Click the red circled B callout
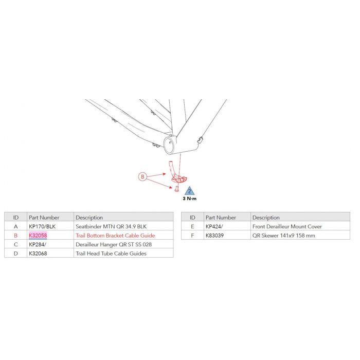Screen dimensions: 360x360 (x=142, y=176)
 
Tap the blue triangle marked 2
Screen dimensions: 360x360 (x=189, y=191)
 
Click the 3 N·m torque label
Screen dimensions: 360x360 (x=190, y=199)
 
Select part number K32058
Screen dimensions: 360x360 (x=38, y=236)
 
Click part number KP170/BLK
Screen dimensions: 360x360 (x=42, y=227)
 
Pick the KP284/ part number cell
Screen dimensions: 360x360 (x=38, y=244)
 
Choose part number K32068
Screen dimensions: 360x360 (x=38, y=254)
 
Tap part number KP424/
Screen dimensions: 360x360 (x=214, y=227)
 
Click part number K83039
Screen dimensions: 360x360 (x=214, y=236)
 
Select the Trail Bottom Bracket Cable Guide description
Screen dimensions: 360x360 (x=115, y=236)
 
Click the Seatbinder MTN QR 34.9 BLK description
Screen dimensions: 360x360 (x=111, y=227)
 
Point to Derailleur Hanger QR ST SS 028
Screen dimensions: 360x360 (x=114, y=244)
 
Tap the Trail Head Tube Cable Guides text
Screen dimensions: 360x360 (x=111, y=254)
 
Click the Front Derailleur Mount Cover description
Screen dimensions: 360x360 (x=287, y=227)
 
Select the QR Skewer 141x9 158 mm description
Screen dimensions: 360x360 (x=284, y=236)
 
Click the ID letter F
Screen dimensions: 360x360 (x=193, y=236)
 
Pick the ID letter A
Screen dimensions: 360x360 (x=15, y=227)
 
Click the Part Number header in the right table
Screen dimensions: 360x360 (x=221, y=218)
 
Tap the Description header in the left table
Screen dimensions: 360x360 (x=89, y=218)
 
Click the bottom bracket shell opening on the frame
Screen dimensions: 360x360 (x=169, y=145)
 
